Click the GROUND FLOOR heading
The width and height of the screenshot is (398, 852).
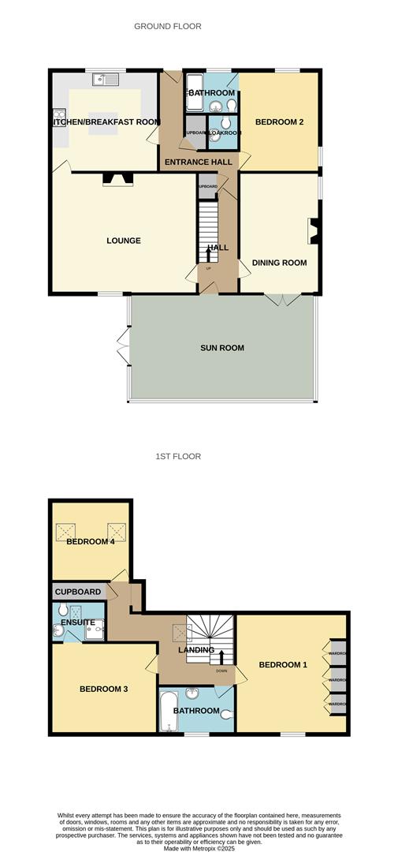pos(167,26)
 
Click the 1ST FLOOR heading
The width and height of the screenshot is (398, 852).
pos(177,456)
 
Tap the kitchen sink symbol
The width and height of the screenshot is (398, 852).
pos(104,78)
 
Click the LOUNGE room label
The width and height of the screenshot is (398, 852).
pos(124,241)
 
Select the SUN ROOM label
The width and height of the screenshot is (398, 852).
pos(222,348)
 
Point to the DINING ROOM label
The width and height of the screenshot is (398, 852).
pos(279,263)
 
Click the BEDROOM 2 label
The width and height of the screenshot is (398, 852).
pos(279,121)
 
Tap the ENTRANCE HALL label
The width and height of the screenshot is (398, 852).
pos(198,163)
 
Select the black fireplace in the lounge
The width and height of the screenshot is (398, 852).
pos(118,179)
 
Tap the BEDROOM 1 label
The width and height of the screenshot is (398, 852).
pos(283,664)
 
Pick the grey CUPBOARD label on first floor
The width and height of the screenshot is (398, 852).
pos(78,592)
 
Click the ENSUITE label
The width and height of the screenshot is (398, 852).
pos(76,622)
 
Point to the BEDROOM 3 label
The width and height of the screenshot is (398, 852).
pos(103,689)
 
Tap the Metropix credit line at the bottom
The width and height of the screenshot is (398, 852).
pos(199,848)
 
